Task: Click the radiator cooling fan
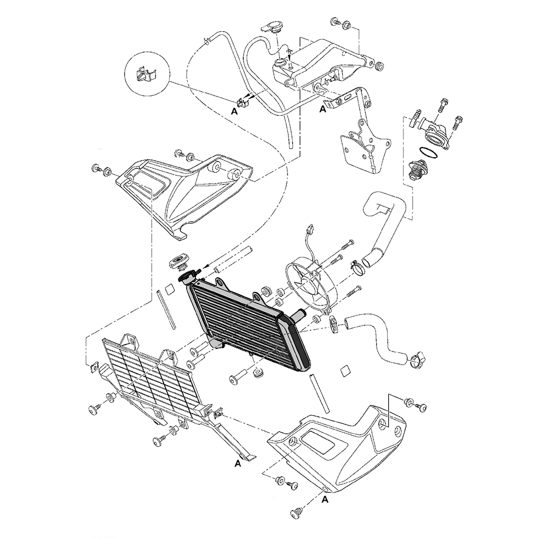pos(308,284)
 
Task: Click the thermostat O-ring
pos(429,153)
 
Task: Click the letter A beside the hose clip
pos(235,111)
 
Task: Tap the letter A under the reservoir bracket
pos(322,109)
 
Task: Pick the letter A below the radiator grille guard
pos(237,464)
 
